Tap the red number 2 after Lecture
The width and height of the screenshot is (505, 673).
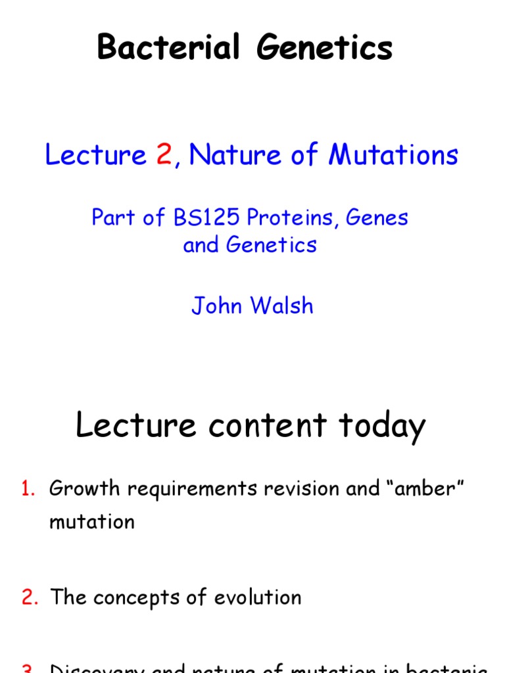coord(164,155)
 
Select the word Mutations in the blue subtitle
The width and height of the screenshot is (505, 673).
coord(393,155)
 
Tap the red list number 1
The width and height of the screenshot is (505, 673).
coord(28,489)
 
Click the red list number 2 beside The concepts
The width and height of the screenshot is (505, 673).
coord(29,597)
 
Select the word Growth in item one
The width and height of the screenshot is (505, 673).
coord(84,489)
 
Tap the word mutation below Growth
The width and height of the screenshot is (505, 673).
coord(92,522)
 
